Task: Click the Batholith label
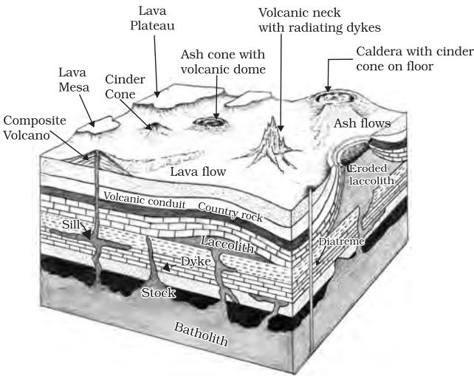tap(201, 335)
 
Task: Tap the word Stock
tap(159, 293)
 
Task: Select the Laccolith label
tap(227, 245)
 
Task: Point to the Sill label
tap(71, 225)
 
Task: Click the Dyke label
tap(196, 262)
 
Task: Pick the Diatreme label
tap(342, 242)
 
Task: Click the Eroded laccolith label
tap(371, 174)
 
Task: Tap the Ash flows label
tap(363, 123)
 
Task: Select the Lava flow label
tap(198, 171)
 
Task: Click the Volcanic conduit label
tap(145, 200)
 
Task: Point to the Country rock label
tap(230, 212)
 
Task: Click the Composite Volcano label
tap(35, 128)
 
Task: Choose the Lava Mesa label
tap(74, 80)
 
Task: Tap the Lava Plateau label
tap(152, 18)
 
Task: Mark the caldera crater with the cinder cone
tap(334, 98)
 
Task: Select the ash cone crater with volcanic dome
tap(210, 122)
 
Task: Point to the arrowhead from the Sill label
tap(87, 234)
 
